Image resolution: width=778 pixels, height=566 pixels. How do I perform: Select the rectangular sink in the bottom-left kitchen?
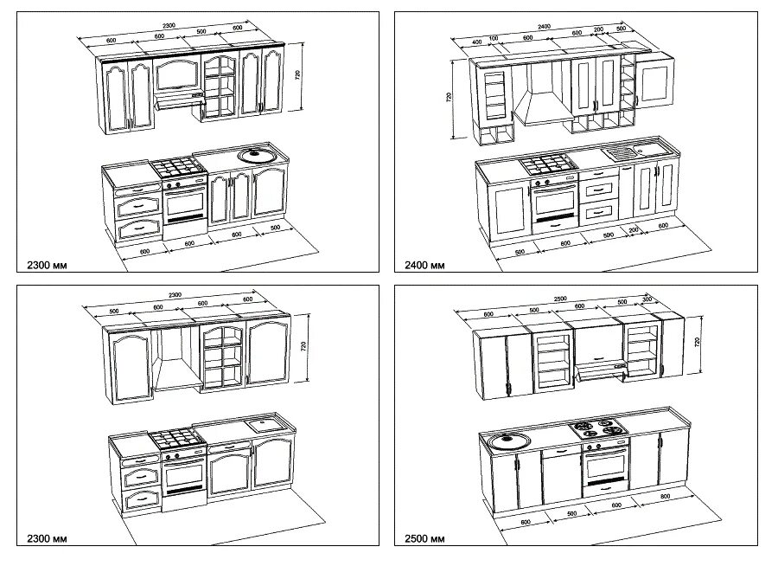(262, 424)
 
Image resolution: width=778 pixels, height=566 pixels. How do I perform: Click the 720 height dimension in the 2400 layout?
(450, 98)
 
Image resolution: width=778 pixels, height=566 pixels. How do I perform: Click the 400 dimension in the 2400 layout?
(477, 42)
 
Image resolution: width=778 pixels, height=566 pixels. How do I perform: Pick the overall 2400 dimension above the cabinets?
(544, 27)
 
